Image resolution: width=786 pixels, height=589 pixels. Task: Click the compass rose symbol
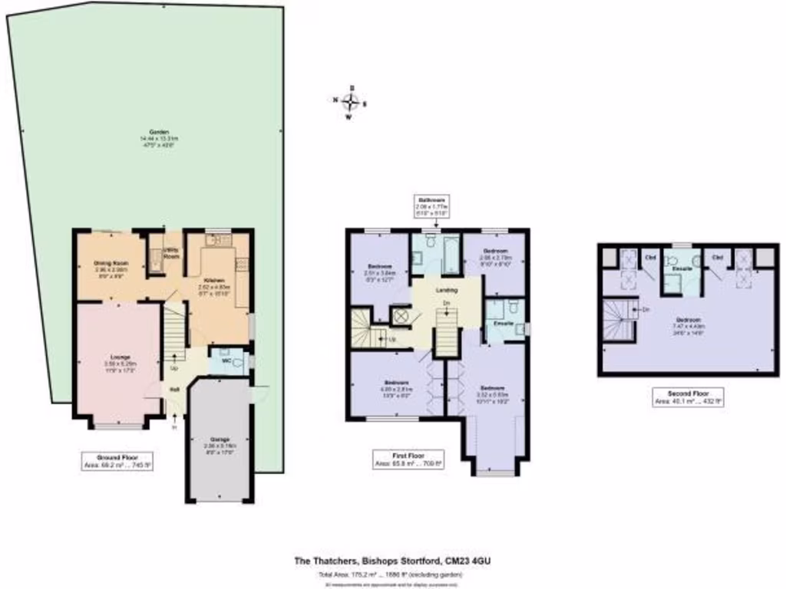351,102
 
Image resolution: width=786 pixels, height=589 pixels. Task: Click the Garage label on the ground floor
219,439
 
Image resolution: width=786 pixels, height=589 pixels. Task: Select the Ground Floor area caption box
117,460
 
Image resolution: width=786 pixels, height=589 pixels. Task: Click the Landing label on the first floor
447,290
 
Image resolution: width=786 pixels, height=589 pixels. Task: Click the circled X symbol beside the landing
401,316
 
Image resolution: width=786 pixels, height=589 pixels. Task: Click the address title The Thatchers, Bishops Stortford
392,561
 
